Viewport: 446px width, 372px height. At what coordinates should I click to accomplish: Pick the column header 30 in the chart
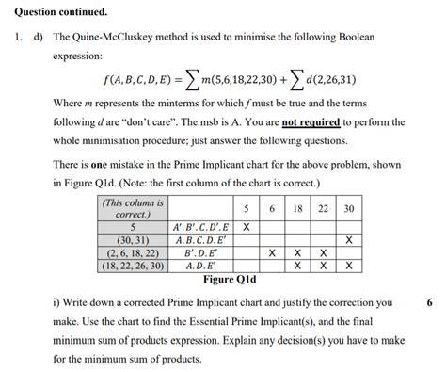point(349,208)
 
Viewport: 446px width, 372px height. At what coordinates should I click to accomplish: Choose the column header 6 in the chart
point(272,208)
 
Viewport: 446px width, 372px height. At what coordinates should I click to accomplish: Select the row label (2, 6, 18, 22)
point(134,253)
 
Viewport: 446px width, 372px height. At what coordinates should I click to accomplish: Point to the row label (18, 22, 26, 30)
point(134,266)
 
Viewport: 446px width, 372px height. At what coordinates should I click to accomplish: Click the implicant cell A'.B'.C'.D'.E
point(201,228)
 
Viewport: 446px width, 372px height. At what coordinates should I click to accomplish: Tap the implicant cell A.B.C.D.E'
point(201,241)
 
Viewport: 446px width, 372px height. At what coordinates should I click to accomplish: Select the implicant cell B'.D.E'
point(201,253)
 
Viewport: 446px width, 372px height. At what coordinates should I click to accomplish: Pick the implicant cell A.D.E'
point(201,266)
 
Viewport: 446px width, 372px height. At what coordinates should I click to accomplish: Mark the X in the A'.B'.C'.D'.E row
point(247,228)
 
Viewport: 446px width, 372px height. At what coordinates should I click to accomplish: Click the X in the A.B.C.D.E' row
point(349,241)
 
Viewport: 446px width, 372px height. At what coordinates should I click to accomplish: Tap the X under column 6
point(272,253)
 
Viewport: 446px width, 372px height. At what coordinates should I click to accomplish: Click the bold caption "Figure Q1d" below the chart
point(230,280)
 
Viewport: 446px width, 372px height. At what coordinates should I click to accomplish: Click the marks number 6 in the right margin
point(429,303)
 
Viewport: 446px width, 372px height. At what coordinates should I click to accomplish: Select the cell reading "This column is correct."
point(134,208)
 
